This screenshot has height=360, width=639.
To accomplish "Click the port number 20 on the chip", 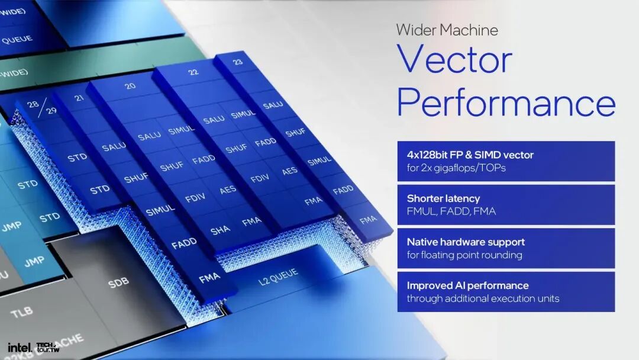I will pos(130,86).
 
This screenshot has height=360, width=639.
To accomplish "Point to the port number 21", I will pos(80,98).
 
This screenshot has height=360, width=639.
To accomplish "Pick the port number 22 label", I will pos(193,72).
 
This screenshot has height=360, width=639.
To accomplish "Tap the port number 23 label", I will pos(237,61).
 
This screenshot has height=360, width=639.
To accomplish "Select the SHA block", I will pos(220,230).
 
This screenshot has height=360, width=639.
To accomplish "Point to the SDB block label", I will pos(118,283).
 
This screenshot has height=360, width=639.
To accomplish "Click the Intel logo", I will pos(20,347).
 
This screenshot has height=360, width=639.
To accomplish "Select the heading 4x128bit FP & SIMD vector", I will pos(470,155).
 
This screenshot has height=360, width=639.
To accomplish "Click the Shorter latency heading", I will pos(443,198).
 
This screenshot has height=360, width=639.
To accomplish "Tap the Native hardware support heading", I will pos(466,242).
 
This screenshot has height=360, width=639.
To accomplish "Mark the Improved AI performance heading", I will pos(467,285).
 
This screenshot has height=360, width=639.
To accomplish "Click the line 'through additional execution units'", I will pos(483,298).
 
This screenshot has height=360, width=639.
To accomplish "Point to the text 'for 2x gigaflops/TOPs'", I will pos(457,168).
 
